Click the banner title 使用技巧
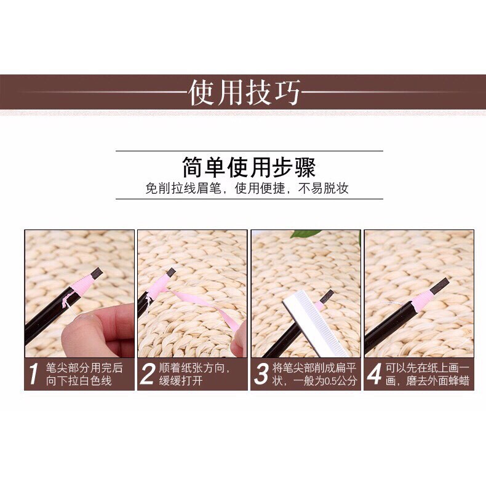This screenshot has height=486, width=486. coord(245,92)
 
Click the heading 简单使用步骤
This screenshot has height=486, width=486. coord(249,167)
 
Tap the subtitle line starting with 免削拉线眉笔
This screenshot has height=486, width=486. coord(247,188)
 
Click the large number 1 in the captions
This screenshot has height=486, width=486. coord(33,374)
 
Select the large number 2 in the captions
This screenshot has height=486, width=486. coord(147,374)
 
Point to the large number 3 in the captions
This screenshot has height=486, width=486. coord(261,374)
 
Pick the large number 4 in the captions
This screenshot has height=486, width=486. coord(375,374)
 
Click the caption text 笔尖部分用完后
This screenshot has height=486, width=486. coord(84,368)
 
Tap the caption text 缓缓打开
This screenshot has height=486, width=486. coord(181,381)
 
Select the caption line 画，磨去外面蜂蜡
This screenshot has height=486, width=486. coord(428,381)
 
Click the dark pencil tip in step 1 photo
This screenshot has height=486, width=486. coord(97,273)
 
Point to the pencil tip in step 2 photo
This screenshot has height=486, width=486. coord(171,273)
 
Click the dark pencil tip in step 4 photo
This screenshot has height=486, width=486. coord(439,285)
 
